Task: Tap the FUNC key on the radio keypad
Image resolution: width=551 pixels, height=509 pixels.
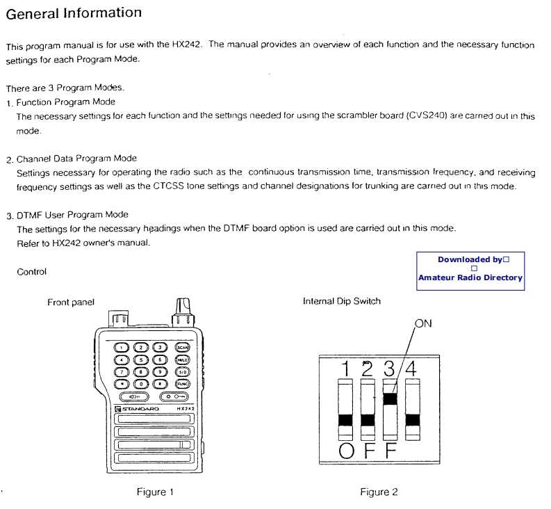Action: tap(182, 383)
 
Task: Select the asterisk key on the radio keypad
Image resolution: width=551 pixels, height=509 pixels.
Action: tap(121, 383)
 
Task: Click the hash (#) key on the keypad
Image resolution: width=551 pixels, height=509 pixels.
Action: tap(161, 383)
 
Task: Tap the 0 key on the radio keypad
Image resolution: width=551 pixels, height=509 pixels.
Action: tap(141, 383)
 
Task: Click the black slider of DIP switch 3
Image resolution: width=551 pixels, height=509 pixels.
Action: tap(390, 398)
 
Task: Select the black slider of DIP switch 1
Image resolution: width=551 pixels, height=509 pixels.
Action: tap(345, 419)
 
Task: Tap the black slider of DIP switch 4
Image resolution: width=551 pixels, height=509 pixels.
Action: tap(413, 419)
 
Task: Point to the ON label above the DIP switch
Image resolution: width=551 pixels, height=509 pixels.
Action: tap(424, 324)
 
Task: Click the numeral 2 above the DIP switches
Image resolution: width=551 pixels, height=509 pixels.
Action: tap(368, 368)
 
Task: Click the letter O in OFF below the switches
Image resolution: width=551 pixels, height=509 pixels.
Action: tap(345, 451)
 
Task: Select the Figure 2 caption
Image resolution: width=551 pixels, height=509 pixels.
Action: tap(379, 492)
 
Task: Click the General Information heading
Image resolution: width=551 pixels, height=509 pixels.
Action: tap(74, 12)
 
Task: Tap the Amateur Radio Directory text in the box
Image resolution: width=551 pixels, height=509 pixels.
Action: tap(470, 277)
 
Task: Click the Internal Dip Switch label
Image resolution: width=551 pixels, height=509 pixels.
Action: tap(341, 301)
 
